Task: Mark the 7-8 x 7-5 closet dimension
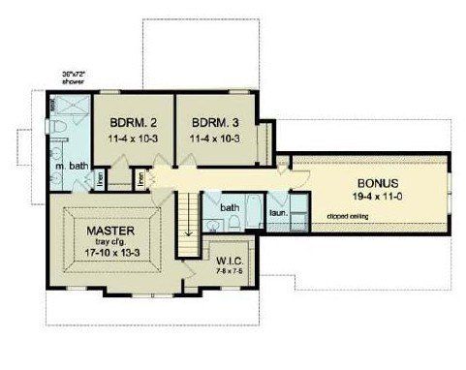[229, 271]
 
